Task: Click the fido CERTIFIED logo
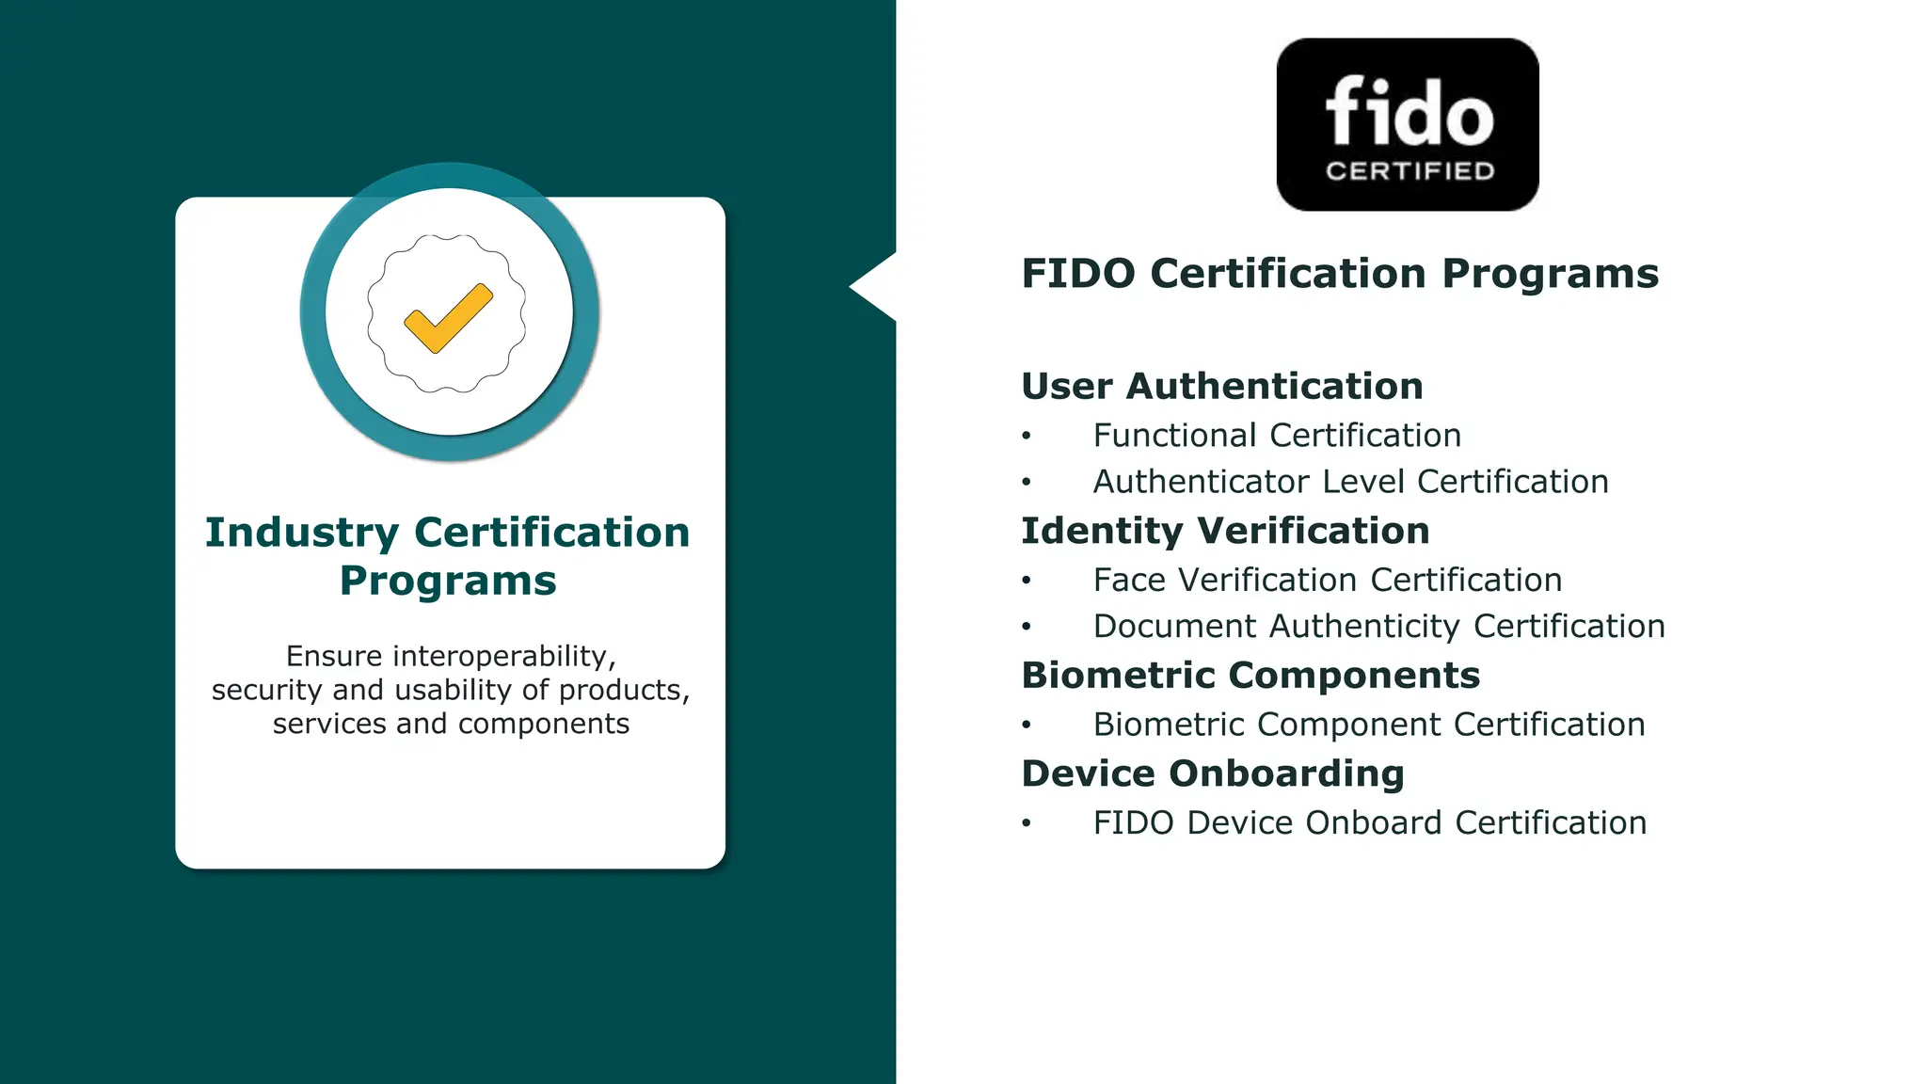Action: pyautogui.click(x=1408, y=124)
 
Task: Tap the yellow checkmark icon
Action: pyautogui.click(x=448, y=317)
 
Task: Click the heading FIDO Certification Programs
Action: pyautogui.click(x=1340, y=274)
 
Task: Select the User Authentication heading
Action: pyautogui.click(x=1221, y=386)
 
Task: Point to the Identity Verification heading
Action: pyautogui.click(x=1225, y=531)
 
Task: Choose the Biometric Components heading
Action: pyautogui.click(x=1250, y=676)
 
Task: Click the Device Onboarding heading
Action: pyautogui.click(x=1213, y=773)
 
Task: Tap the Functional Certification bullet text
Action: pyautogui.click(x=1277, y=436)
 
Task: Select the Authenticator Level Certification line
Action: pyautogui.click(x=1350, y=482)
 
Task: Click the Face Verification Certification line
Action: pyautogui.click(x=1327, y=580)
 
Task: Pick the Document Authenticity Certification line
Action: pyautogui.click(x=1378, y=627)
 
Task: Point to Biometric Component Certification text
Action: pyautogui.click(x=1368, y=725)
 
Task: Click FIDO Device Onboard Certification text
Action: pyautogui.click(x=1369, y=822)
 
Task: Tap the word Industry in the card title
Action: pyautogui.click(x=302, y=533)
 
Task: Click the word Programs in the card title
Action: pyautogui.click(x=448, y=582)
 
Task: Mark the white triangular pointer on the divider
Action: pyautogui.click(x=875, y=287)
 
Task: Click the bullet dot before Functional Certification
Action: pyautogui.click(x=1027, y=436)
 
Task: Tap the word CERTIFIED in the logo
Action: pyautogui.click(x=1409, y=171)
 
